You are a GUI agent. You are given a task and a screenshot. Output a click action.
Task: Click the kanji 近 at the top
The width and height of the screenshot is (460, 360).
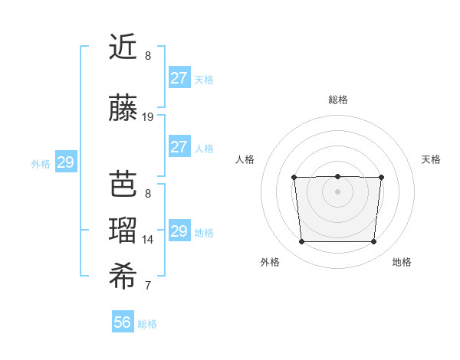click(x=123, y=47)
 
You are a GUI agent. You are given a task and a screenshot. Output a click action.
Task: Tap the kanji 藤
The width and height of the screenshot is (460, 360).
click(x=123, y=109)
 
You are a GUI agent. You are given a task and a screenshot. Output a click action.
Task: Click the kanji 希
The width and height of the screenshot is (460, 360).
click(x=123, y=278)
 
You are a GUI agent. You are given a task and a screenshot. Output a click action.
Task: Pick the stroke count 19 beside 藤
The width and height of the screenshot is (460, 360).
click(x=148, y=117)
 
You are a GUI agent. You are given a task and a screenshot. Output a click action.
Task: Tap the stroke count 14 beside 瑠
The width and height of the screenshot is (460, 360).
click(x=148, y=240)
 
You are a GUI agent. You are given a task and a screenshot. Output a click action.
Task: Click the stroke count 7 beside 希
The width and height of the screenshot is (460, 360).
click(x=148, y=286)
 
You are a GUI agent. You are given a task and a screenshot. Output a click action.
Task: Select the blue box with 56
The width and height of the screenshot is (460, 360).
click(x=123, y=322)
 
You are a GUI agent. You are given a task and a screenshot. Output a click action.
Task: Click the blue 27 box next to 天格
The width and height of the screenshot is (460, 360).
click(x=179, y=78)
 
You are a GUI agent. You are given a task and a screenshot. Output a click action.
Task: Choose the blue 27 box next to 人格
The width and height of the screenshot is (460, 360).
click(x=179, y=147)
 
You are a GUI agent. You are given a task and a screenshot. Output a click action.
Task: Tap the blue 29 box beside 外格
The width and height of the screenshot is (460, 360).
click(x=65, y=162)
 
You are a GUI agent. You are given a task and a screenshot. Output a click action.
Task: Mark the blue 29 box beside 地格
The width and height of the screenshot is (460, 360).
click(x=179, y=231)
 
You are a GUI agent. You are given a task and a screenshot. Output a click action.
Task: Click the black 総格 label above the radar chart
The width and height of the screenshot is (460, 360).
click(x=337, y=100)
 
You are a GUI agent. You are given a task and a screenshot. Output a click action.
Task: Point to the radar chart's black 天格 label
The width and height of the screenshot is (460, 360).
click(x=431, y=159)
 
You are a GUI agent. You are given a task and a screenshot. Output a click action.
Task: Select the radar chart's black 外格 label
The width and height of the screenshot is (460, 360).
click(x=270, y=262)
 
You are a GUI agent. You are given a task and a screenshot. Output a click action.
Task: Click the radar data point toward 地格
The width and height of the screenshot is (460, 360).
click(x=373, y=242)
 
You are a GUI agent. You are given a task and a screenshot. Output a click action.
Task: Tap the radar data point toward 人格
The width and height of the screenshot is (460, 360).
click(x=294, y=178)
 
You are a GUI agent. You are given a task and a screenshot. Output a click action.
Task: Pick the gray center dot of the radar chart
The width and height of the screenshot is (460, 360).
click(x=337, y=191)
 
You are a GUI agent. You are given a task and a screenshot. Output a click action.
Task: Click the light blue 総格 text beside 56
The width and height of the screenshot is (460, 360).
click(x=147, y=324)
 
